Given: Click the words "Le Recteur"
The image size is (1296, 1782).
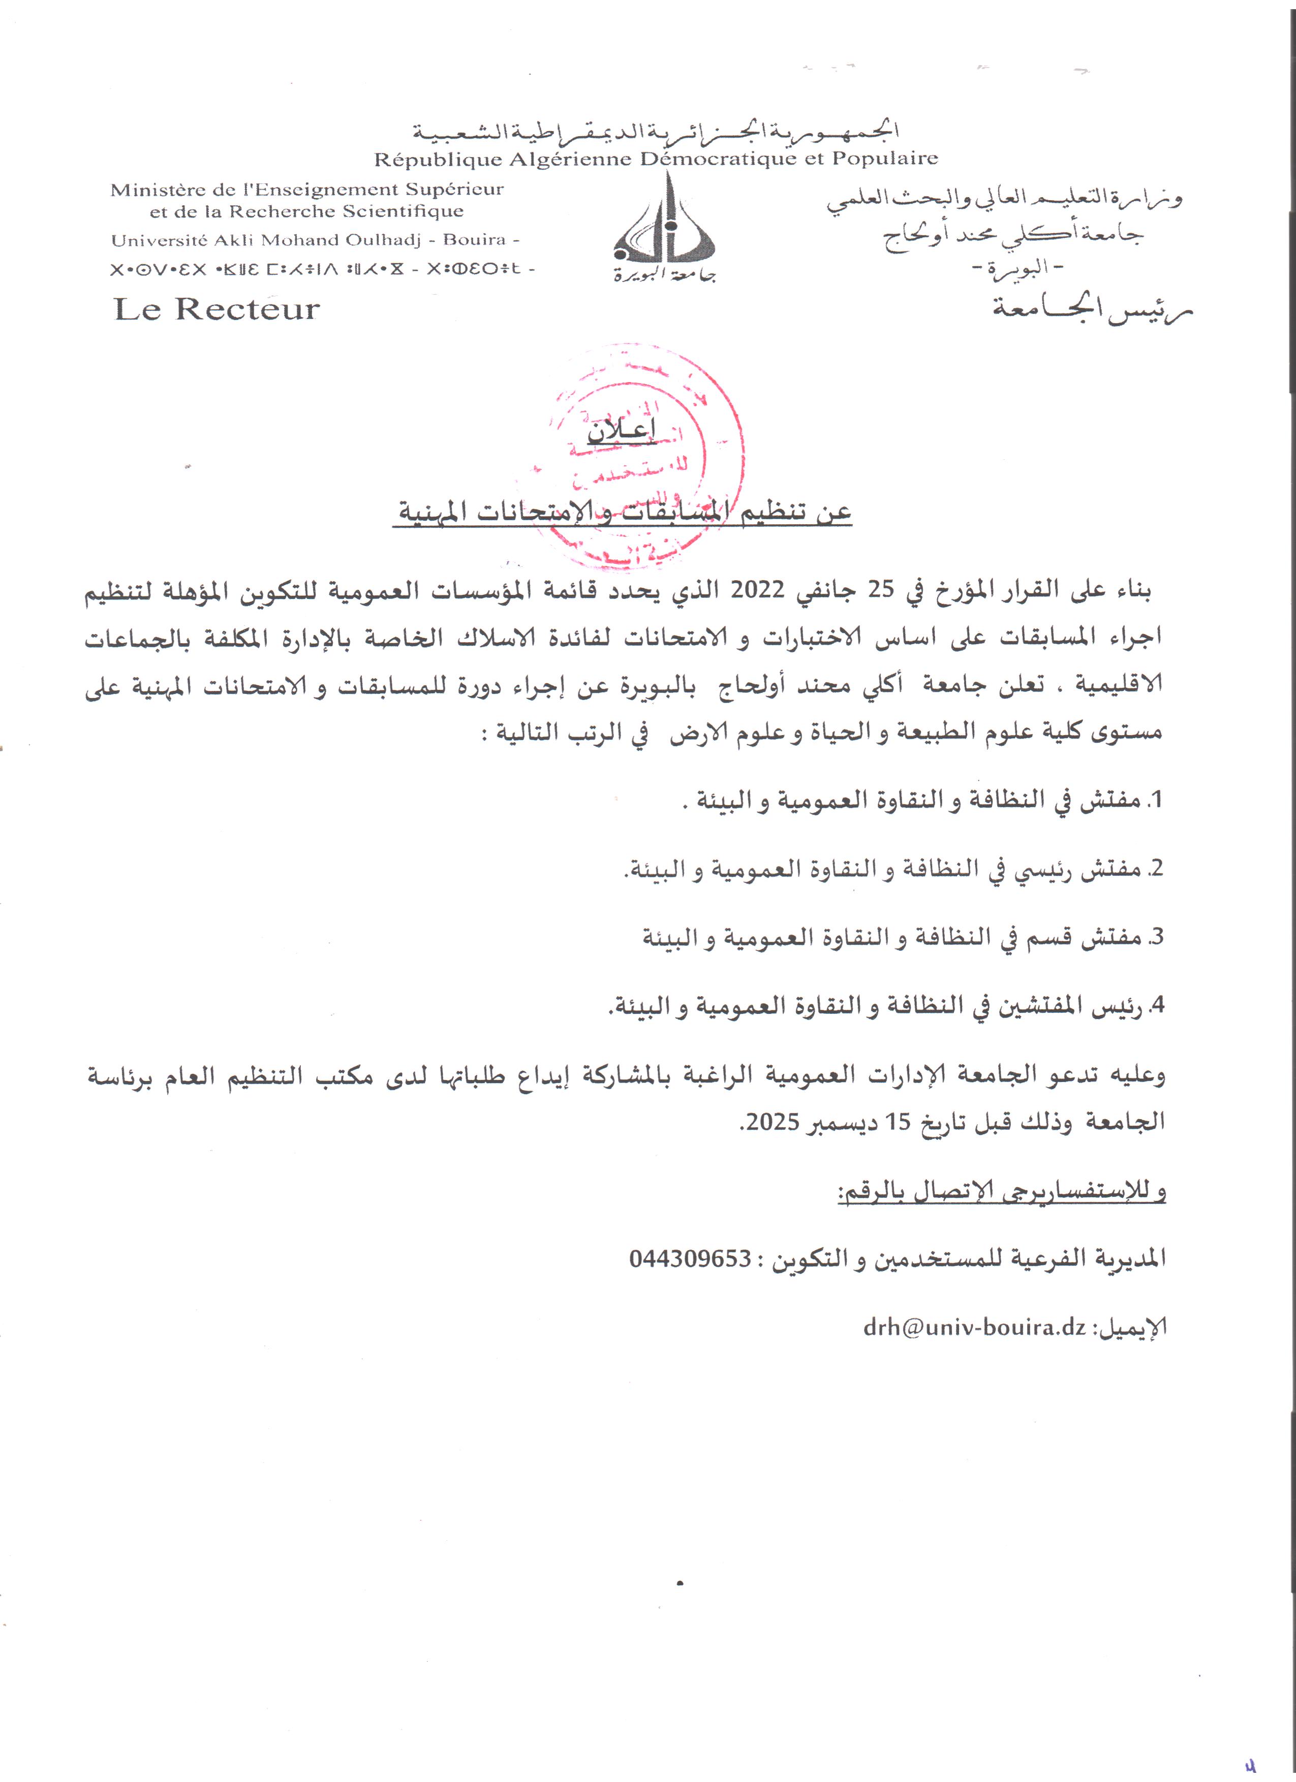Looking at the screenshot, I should [217, 309].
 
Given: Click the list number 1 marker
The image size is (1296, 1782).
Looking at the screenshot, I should [1155, 801].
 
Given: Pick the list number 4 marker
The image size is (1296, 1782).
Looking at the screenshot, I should [1155, 1006].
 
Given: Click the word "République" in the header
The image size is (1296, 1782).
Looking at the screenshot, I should [438, 160].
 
